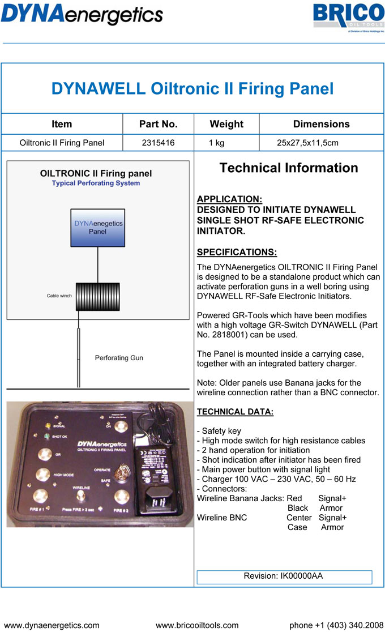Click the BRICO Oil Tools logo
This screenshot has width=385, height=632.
[x=349, y=18]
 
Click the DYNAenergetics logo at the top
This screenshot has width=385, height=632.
[x=82, y=13]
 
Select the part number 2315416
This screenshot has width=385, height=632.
[x=159, y=143]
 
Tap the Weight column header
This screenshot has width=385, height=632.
[x=226, y=124]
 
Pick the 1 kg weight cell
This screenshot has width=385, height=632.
[x=217, y=143]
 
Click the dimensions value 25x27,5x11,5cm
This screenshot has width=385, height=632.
[x=307, y=143]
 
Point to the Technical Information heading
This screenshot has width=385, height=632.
[x=289, y=168]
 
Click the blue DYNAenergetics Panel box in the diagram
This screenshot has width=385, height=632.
[x=98, y=228]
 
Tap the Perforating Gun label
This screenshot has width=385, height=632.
[x=119, y=358]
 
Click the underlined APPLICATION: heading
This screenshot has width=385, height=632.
[x=229, y=199]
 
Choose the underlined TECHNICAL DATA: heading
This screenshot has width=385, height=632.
[x=235, y=412]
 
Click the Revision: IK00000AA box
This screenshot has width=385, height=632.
[x=284, y=577]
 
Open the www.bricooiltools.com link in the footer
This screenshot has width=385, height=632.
[x=197, y=625]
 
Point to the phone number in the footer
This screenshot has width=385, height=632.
[x=336, y=625]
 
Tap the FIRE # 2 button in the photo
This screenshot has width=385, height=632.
[x=120, y=498]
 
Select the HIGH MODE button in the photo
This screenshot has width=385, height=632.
[x=41, y=475]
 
